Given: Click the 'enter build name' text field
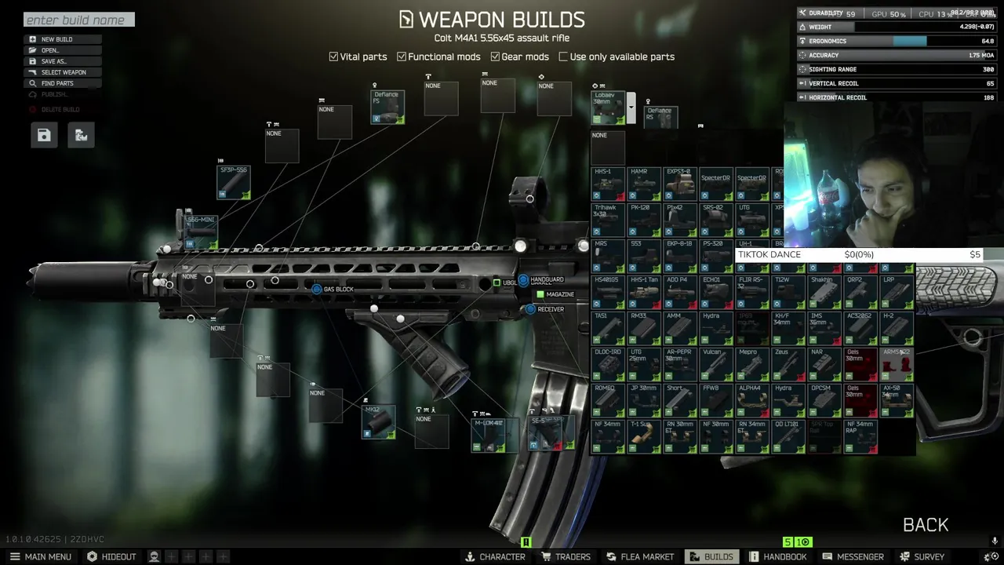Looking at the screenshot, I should coord(78,20).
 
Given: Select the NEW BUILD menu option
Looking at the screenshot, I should coord(56,39).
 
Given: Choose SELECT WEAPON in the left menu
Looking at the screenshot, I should coord(64,72).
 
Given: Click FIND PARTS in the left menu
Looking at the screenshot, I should coord(57,83).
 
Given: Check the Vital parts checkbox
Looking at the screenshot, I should coord(333,56).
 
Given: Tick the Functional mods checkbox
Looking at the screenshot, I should coord(402,56).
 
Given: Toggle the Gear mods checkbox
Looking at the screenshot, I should coord(495,56).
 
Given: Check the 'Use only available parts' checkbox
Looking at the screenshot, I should coord(563,56).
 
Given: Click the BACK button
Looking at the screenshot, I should coord(926,525).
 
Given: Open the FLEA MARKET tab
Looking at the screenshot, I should coord(639,556).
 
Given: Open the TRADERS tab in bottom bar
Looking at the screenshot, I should coord(565,556).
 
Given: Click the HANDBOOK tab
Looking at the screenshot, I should coord(777,556).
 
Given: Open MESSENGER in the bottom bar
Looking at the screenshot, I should coord(853,556).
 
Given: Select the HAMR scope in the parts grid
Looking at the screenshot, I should coord(644,184).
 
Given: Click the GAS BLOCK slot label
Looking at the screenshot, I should coord(338,290).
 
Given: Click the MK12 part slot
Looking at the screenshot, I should coord(378,422).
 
